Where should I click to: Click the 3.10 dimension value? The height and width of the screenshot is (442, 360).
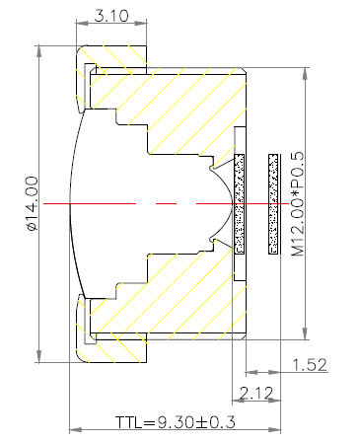(111, 16)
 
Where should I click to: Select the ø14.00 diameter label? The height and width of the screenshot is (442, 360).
(32, 203)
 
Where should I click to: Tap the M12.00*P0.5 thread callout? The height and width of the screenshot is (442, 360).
(298, 204)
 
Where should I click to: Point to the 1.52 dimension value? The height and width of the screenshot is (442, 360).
(310, 365)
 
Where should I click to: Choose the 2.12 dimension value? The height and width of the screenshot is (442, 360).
(256, 393)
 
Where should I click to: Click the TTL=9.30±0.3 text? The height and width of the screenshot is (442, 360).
(176, 422)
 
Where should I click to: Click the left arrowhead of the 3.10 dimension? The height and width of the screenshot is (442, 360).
(83, 23)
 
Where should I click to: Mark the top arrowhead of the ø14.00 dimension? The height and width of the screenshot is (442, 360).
(39, 51)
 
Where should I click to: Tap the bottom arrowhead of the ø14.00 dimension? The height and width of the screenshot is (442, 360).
(39, 356)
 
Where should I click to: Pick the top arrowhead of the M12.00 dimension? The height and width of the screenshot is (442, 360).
(306, 74)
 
